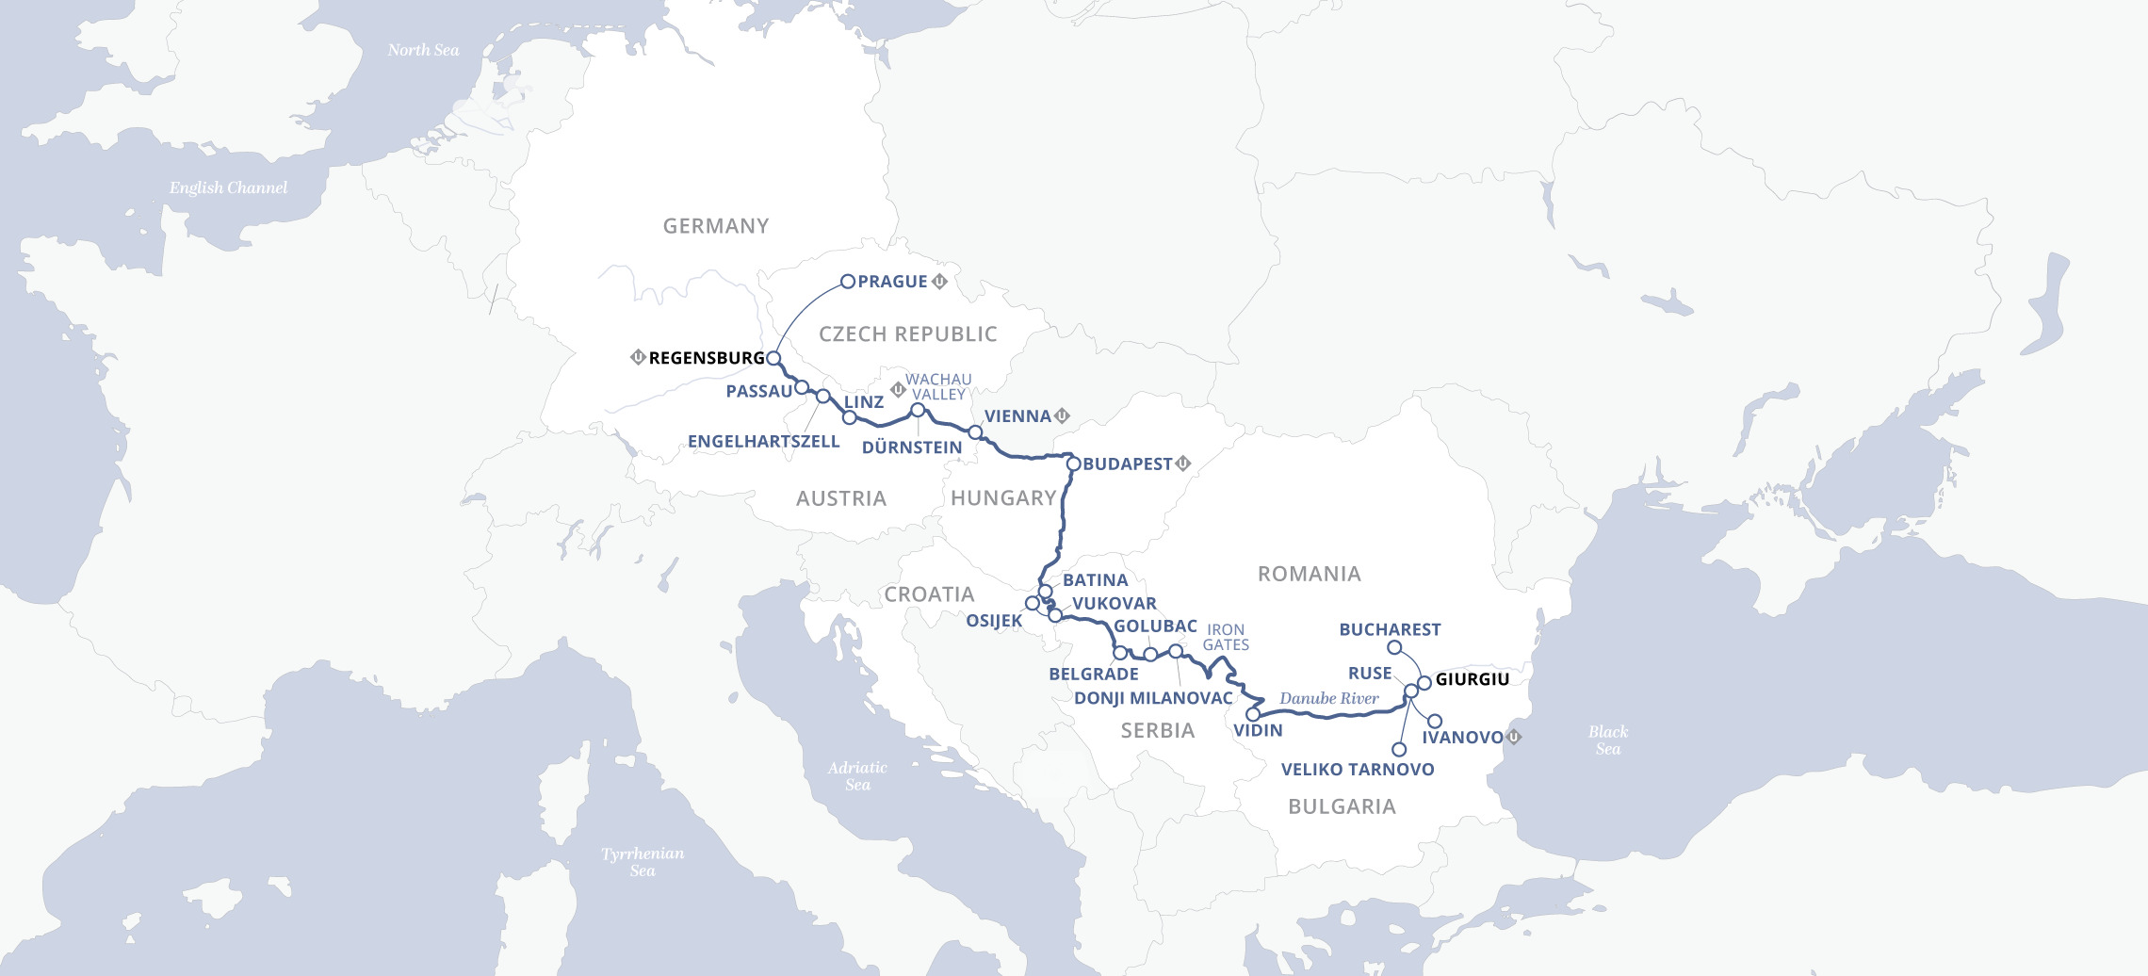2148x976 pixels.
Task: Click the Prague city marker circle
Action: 847,281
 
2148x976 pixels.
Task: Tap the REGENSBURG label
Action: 707,358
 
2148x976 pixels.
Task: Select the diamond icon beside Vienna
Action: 1063,415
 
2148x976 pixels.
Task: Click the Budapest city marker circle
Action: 1073,464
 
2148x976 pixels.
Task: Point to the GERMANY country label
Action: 716,226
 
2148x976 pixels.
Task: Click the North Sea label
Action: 423,50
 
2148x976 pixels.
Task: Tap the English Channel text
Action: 228,187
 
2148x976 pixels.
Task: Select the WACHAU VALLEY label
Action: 938,387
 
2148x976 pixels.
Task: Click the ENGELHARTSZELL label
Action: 763,441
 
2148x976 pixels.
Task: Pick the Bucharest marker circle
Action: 1394,647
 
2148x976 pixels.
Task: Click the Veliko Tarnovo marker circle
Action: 1399,750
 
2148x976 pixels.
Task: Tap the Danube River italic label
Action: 1328,698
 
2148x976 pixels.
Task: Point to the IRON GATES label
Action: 1226,637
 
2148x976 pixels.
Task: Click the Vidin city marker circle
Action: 1253,714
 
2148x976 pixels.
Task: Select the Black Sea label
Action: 1607,740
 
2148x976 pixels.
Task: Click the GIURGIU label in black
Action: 1472,679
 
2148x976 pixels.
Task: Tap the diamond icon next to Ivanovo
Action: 1514,737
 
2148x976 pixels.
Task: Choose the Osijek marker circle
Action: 1033,603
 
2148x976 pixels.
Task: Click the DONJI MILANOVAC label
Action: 1153,698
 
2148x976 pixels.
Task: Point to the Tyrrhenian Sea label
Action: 643,861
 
